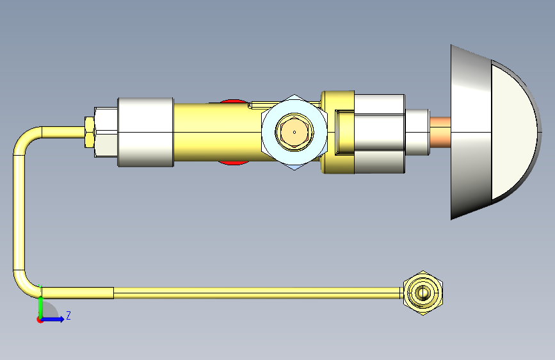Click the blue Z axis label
(x=68, y=316)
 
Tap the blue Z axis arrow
(x=52, y=319)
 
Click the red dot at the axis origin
(x=39, y=320)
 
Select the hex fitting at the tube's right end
(x=423, y=293)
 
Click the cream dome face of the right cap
(x=513, y=132)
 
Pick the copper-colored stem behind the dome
(x=440, y=132)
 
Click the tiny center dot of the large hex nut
(x=294, y=132)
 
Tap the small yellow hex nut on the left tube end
(x=90, y=132)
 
